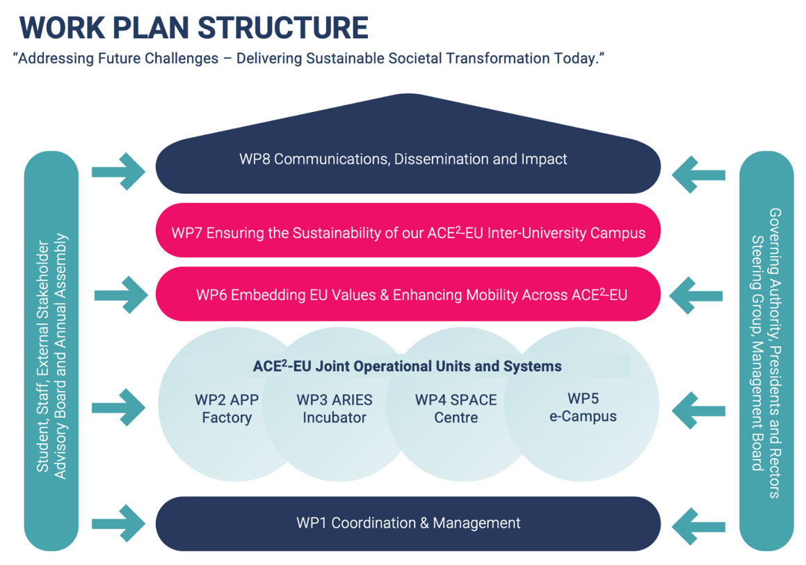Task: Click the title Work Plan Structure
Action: [193, 28]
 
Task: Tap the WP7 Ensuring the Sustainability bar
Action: [407, 232]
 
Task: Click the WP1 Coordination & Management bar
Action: [407, 523]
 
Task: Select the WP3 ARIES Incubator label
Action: [335, 408]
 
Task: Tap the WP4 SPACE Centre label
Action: [456, 408]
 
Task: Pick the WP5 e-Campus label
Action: [583, 407]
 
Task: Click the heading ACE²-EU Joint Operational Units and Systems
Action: [407, 366]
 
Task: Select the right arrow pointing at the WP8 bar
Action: [699, 173]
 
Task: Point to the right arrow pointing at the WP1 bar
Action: [699, 525]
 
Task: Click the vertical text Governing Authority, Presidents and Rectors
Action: [774, 353]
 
